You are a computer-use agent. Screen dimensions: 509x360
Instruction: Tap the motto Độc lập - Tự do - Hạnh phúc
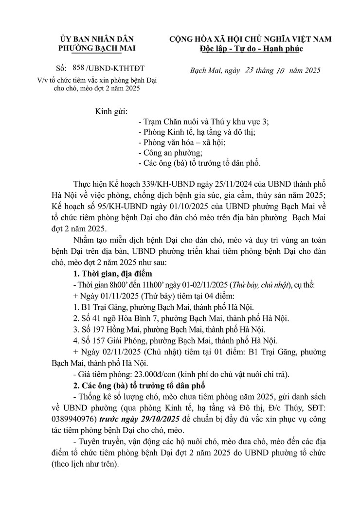(x=251, y=48)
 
